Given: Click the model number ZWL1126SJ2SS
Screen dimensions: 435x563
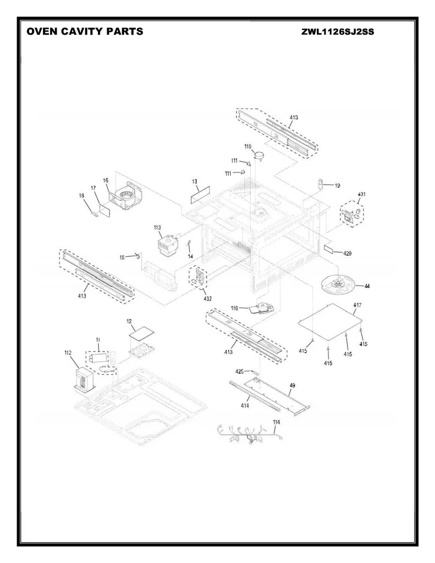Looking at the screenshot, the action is click(x=338, y=32).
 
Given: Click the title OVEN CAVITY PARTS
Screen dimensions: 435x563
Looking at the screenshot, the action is click(x=85, y=31).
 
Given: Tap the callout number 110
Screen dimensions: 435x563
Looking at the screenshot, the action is click(x=248, y=146).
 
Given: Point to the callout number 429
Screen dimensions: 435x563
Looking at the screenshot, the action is click(x=347, y=253).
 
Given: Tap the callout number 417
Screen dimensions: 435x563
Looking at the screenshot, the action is click(x=357, y=305).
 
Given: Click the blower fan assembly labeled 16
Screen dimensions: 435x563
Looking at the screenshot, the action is click(x=126, y=195).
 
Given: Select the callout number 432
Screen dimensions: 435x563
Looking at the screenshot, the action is click(x=207, y=299).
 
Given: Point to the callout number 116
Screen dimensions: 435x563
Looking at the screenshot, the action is click(x=235, y=308).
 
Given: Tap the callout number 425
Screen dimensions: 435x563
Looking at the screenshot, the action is click(x=240, y=371).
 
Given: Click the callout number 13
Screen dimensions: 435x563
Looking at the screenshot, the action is click(x=194, y=181).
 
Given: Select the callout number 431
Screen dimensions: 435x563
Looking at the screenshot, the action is click(x=362, y=194).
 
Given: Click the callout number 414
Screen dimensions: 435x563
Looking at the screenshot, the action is click(x=245, y=406).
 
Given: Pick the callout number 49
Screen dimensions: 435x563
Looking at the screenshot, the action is click(x=293, y=385).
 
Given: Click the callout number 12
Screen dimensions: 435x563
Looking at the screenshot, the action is click(x=129, y=321).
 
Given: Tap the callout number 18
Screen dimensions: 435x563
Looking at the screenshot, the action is click(x=81, y=196).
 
